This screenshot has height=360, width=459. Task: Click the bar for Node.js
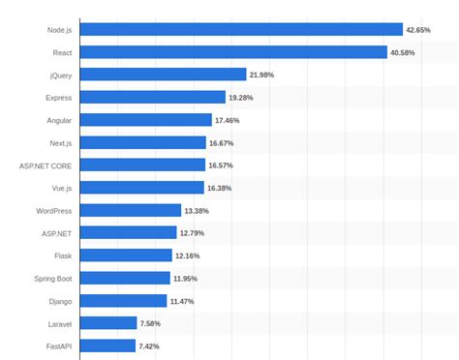click(x=241, y=30)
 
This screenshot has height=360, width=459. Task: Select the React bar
click(x=233, y=52)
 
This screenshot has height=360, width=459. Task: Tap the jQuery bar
click(x=163, y=75)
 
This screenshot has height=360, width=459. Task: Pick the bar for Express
click(x=152, y=98)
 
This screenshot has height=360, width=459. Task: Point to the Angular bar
click(x=145, y=120)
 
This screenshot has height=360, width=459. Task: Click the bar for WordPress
click(x=130, y=210)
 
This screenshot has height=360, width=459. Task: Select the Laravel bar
click(x=108, y=323)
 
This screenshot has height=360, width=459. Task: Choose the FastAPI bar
click(x=107, y=345)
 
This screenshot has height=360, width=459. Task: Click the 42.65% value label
click(x=418, y=30)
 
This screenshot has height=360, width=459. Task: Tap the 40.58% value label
click(x=403, y=52)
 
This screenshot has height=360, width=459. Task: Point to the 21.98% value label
click(x=261, y=75)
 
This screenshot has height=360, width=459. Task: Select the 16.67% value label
click(x=221, y=143)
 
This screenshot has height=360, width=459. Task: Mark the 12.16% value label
click(x=187, y=255)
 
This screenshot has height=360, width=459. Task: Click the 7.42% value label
click(x=149, y=345)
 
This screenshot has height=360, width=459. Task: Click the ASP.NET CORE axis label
click(x=46, y=165)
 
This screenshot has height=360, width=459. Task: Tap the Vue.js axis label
click(x=61, y=188)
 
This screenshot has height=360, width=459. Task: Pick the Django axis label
click(x=60, y=301)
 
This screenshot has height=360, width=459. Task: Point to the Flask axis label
click(x=63, y=255)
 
